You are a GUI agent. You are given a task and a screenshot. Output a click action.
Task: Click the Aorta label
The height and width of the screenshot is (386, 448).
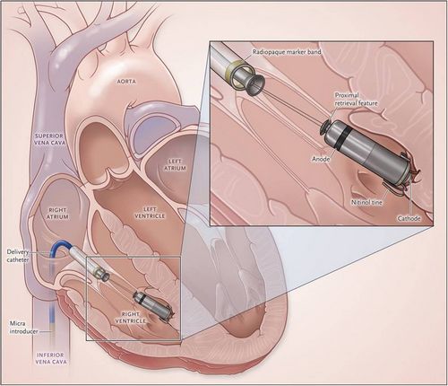click(x=126, y=82)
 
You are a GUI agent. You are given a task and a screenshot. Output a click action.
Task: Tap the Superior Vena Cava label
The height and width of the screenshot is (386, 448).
click(x=50, y=139)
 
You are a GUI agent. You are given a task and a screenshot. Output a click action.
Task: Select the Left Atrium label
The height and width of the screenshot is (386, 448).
click(x=175, y=165)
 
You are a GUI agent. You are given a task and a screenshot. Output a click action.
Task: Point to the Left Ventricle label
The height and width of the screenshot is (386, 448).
click(x=150, y=213)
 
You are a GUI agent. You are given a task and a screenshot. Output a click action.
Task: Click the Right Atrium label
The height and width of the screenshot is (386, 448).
click(x=57, y=214)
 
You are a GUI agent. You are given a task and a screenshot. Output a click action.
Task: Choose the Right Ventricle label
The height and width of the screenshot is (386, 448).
click(x=131, y=318)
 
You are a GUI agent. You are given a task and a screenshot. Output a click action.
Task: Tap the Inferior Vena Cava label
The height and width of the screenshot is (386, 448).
click(x=50, y=358)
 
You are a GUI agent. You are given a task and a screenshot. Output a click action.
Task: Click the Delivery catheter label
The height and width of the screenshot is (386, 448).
click(x=18, y=256)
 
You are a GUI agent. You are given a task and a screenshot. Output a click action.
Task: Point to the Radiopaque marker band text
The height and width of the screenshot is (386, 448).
click(x=287, y=52)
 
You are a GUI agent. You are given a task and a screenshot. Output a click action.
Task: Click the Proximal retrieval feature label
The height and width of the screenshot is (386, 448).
click(x=356, y=100)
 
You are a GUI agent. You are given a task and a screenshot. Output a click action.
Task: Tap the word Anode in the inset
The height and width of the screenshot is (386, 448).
click(x=321, y=159)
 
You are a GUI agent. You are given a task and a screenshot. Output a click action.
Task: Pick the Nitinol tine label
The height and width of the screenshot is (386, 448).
click(x=366, y=202)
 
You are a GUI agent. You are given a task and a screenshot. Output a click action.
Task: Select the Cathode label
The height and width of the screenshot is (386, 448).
click(x=409, y=218)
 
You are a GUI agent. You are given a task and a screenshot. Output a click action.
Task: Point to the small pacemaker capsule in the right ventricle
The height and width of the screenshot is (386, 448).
click(x=153, y=306)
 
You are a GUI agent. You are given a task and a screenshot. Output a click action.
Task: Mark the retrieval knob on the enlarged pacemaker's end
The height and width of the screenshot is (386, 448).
click(x=324, y=127)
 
